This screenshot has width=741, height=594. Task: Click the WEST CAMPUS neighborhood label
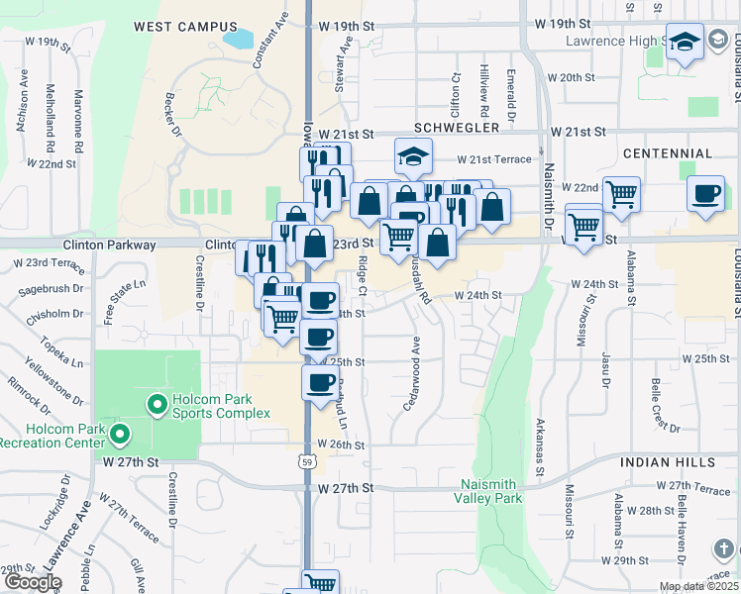(x=185, y=27)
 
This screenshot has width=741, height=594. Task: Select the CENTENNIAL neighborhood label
(x=668, y=153)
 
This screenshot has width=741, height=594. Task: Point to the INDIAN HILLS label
(x=668, y=462)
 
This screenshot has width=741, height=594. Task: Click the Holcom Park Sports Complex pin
(x=156, y=404)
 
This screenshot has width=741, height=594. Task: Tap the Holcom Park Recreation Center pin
(x=120, y=434)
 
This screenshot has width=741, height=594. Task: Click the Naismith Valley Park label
(x=491, y=491)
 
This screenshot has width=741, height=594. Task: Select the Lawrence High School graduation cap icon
(x=685, y=43)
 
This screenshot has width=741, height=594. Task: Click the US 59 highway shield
(x=308, y=462)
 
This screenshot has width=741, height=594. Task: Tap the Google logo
(x=32, y=582)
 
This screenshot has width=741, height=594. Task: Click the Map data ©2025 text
(x=698, y=586)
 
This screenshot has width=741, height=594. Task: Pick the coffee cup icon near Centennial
(x=705, y=193)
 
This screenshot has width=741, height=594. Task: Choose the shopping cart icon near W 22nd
(x=621, y=194)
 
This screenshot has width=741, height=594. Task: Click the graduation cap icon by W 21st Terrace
(x=413, y=155)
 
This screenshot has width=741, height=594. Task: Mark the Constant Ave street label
(x=270, y=40)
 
